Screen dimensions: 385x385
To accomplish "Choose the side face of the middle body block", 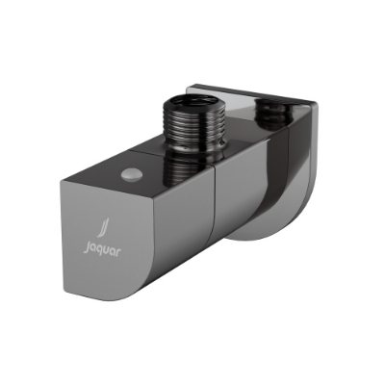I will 245,212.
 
